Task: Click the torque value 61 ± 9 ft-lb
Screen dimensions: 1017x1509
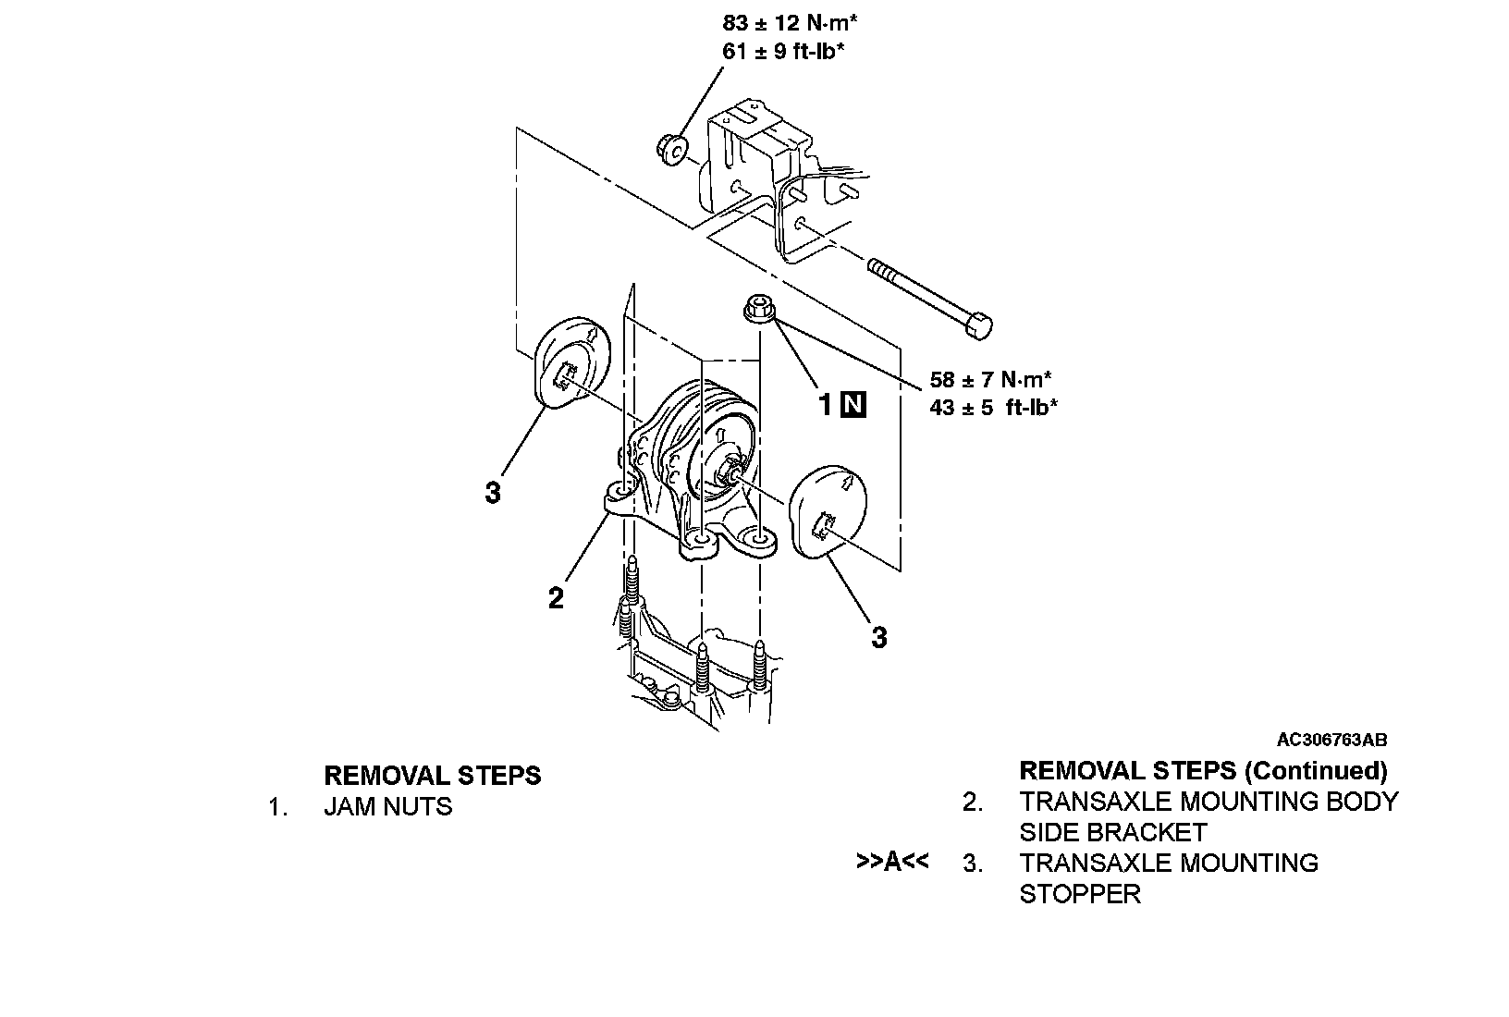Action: (x=783, y=51)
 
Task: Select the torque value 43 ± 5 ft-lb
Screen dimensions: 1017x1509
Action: (x=993, y=407)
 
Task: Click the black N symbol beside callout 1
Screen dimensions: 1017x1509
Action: (x=853, y=404)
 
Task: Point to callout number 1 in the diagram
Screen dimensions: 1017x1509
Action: (x=826, y=404)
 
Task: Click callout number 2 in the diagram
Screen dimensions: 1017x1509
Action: (x=556, y=599)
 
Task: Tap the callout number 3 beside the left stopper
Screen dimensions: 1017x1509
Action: (x=493, y=493)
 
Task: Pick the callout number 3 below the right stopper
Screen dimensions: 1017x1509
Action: (x=879, y=637)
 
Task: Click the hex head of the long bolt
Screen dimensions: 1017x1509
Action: (x=977, y=325)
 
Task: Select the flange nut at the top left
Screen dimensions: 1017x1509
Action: (x=671, y=147)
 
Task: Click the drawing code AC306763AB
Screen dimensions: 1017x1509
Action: (x=1331, y=740)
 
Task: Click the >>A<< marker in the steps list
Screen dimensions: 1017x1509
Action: (x=892, y=862)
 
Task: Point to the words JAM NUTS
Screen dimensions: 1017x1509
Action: (x=387, y=807)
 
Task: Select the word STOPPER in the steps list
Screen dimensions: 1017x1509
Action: (x=1080, y=894)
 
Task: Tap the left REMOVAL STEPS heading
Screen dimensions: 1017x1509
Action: (x=432, y=775)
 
